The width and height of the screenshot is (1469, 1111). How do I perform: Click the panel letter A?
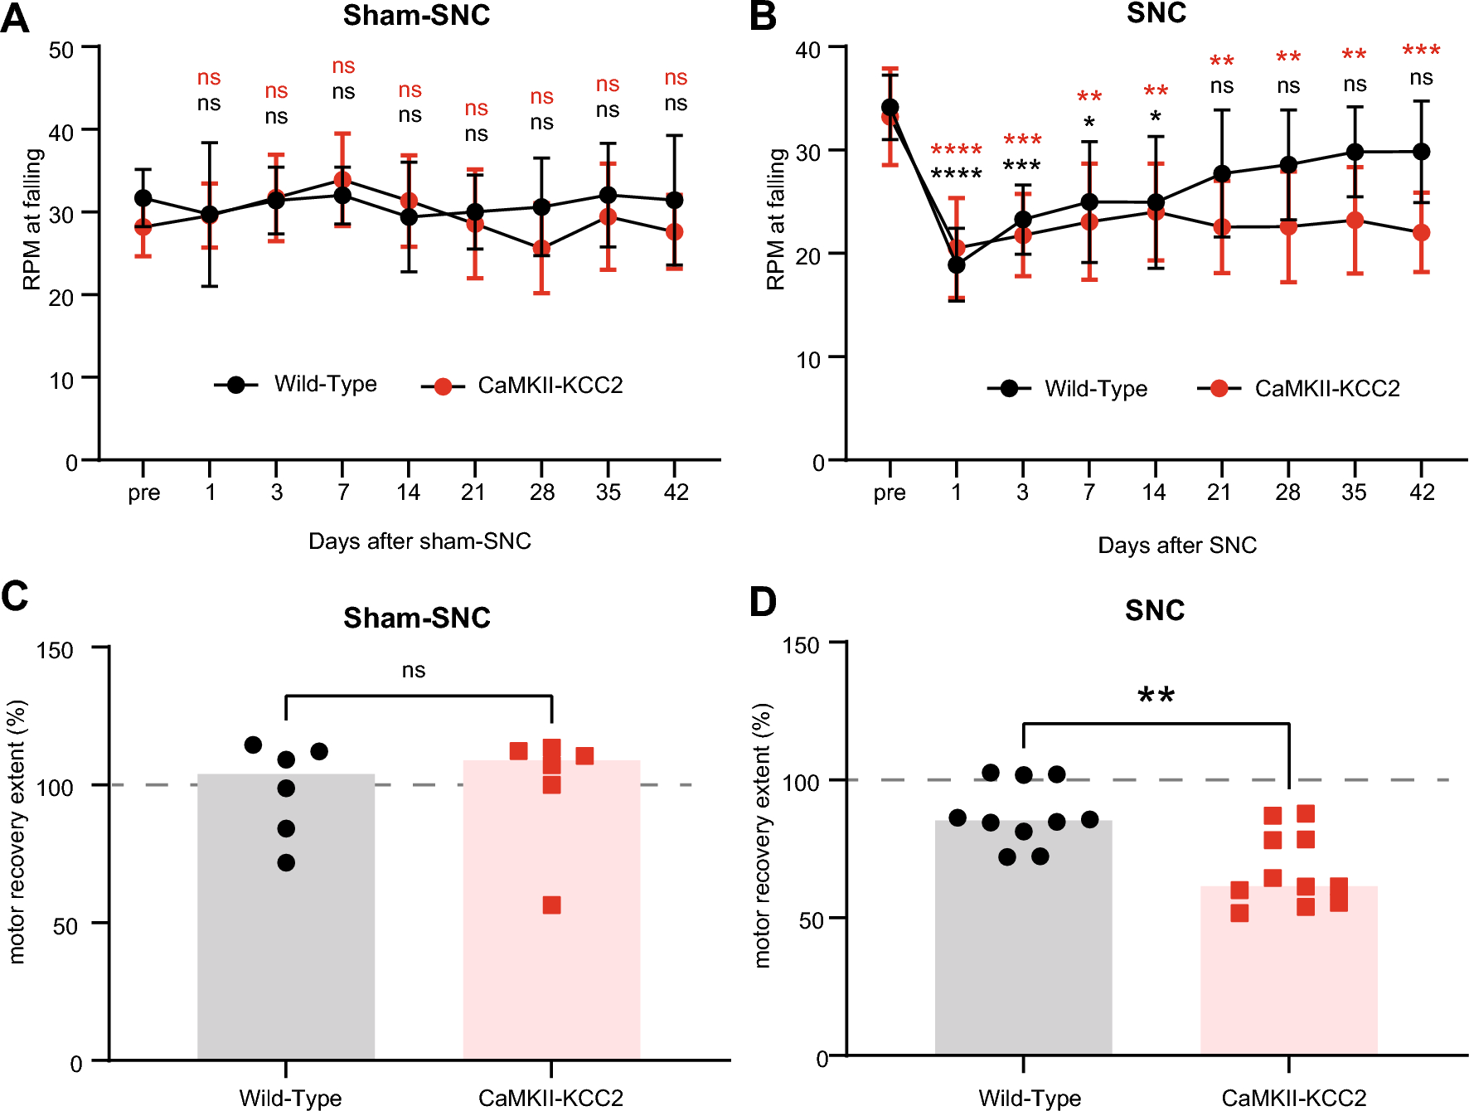tap(15, 18)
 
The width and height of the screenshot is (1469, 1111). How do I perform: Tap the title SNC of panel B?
tap(1156, 13)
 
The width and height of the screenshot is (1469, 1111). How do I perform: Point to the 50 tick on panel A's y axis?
tap(61, 50)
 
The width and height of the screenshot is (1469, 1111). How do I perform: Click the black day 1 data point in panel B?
tap(957, 265)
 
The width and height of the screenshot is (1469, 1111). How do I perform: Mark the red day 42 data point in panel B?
tap(1421, 232)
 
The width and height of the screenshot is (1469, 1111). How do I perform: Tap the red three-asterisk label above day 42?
tap(1421, 51)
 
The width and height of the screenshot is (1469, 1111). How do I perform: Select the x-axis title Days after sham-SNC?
tap(419, 541)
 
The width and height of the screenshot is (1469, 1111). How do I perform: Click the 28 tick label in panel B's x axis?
tap(1287, 492)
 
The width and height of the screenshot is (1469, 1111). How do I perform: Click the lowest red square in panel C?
tap(551, 905)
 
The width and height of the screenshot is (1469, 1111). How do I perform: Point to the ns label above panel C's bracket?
tap(413, 670)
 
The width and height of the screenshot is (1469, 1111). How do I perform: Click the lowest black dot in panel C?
tap(286, 863)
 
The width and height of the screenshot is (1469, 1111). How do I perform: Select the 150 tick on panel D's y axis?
tap(801, 645)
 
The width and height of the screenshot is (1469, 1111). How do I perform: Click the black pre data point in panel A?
tap(143, 198)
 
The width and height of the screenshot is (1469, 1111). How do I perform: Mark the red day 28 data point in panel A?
tap(541, 249)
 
